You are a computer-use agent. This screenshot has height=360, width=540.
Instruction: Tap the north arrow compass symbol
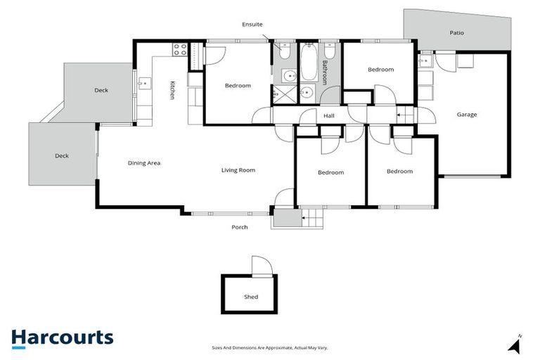516,345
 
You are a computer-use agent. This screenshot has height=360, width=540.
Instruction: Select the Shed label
251,297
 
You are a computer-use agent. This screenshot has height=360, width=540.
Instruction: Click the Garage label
467,115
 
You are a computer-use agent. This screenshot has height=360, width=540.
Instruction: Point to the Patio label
457,33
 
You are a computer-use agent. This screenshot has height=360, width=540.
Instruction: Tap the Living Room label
238,170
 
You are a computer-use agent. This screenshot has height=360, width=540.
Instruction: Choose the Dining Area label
144,163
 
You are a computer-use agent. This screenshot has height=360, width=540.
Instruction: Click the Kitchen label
172,91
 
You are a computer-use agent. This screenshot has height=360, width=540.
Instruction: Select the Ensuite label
252,24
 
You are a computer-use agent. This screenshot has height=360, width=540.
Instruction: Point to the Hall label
329,116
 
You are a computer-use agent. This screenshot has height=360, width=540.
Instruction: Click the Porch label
240,227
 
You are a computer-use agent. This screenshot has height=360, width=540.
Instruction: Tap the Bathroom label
325,72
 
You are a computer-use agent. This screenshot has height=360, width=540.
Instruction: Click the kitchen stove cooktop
179,49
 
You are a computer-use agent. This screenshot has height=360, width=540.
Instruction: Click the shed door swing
261,266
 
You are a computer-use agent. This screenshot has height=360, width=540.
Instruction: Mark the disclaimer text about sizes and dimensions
270,347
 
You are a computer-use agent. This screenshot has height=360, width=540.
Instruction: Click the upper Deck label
102,90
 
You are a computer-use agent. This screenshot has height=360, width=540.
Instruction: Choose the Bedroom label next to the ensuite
238,86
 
